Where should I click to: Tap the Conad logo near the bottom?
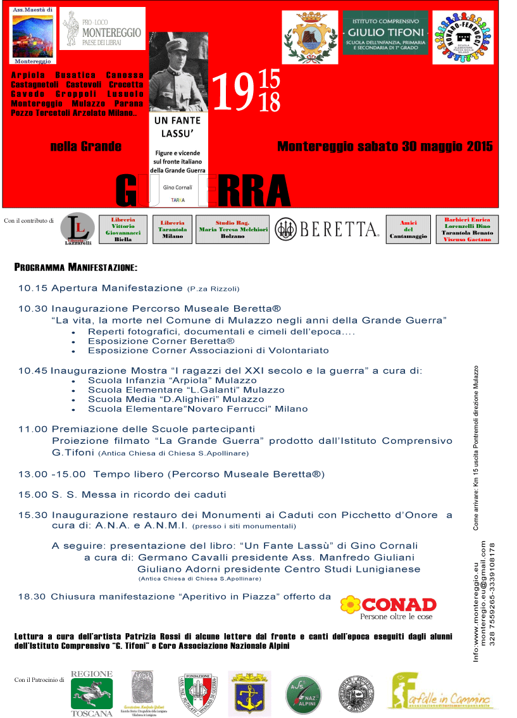[389, 608]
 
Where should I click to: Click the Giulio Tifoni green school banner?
[385, 32]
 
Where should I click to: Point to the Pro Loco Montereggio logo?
[102, 29]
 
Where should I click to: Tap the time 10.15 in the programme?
[33, 288]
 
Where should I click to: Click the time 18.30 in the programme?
[33, 596]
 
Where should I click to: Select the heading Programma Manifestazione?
[76, 267]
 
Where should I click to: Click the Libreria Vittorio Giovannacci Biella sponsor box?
[123, 229]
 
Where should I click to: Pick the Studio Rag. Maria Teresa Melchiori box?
[232, 229]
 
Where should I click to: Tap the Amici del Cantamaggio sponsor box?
[408, 229]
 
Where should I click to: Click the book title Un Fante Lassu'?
[177, 127]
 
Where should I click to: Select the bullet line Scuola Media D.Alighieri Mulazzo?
[176, 400]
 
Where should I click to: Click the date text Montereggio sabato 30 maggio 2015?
[385, 147]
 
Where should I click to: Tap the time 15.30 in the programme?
[33, 515]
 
